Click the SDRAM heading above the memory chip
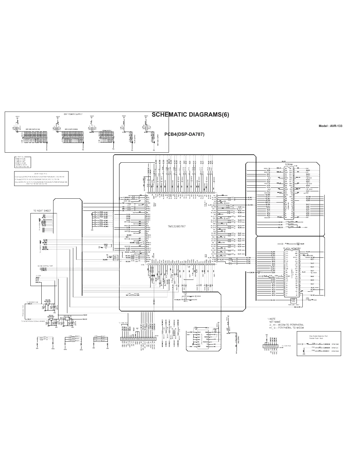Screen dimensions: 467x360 289,164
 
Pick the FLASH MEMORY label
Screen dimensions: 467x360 292,249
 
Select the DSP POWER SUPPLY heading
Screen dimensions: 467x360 73,114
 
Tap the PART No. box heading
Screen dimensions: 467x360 20,157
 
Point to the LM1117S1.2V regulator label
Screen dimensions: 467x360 68,316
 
